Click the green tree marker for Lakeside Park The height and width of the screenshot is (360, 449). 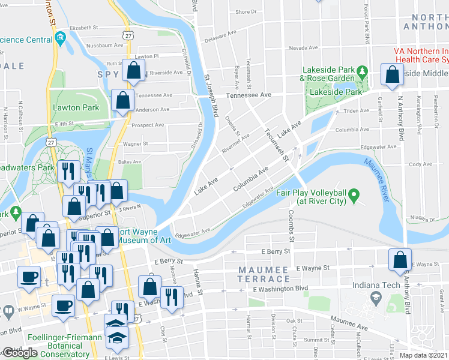click(x=361, y=73)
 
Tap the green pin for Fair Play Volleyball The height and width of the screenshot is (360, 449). click(x=354, y=195)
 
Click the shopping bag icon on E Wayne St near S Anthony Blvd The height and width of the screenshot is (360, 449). click(x=399, y=260)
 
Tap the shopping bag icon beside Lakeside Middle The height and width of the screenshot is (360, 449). click(x=392, y=75)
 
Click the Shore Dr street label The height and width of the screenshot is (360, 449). click(x=246, y=12)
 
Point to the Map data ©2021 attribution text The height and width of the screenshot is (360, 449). click(x=423, y=355)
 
